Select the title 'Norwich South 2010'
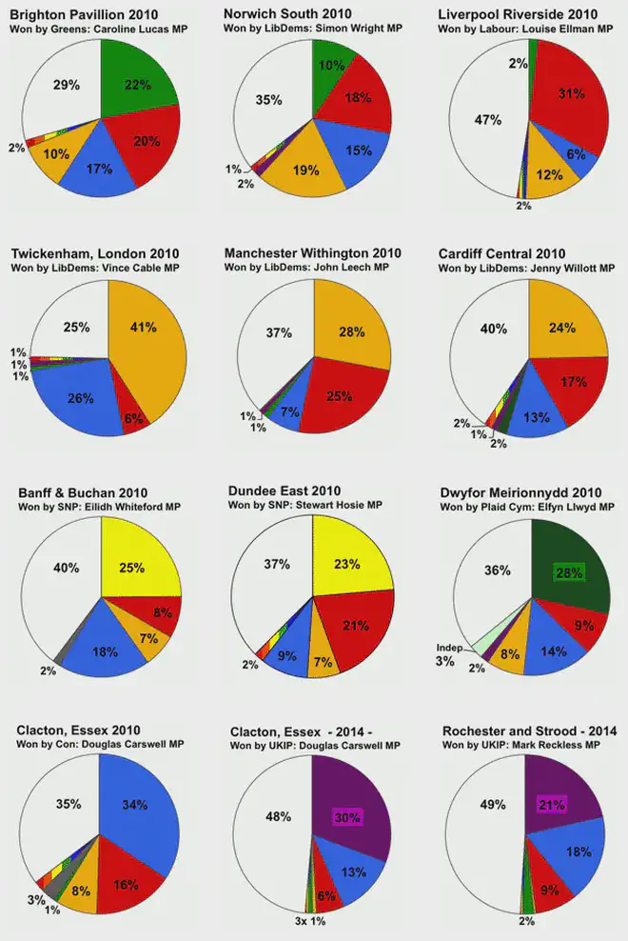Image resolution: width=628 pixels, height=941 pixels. point(286,13)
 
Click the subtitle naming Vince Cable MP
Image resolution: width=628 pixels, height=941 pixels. point(99,268)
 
